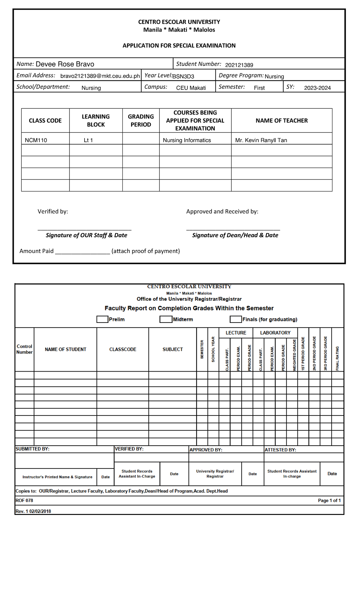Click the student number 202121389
pyautogui.click(x=239, y=65)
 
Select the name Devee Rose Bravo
pyautogui.click(x=65, y=64)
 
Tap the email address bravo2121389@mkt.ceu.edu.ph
pyautogui.click(x=100, y=76)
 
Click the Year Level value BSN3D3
pyautogui.click(x=183, y=76)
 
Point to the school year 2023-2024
pyautogui.click(x=317, y=88)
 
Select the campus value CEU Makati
pyautogui.click(x=191, y=88)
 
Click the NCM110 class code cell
pyautogui.click(x=36, y=140)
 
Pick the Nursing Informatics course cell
pyautogui.click(x=187, y=140)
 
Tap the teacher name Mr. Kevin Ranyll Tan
pyautogui.click(x=261, y=140)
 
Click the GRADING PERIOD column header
pyautogui.click(x=141, y=120)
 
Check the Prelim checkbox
pyautogui.click(x=102, y=319)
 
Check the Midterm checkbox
pyautogui.click(x=165, y=319)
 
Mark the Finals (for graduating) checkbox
pyautogui.click(x=236, y=319)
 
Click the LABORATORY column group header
pyautogui.click(x=275, y=333)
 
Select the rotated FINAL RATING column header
pyautogui.click(x=337, y=358)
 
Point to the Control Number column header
pyautogui.click(x=24, y=349)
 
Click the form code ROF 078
pyautogui.click(x=24, y=500)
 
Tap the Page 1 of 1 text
pyautogui.click(x=329, y=500)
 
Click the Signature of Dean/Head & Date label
pyautogui.click(x=235, y=235)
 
